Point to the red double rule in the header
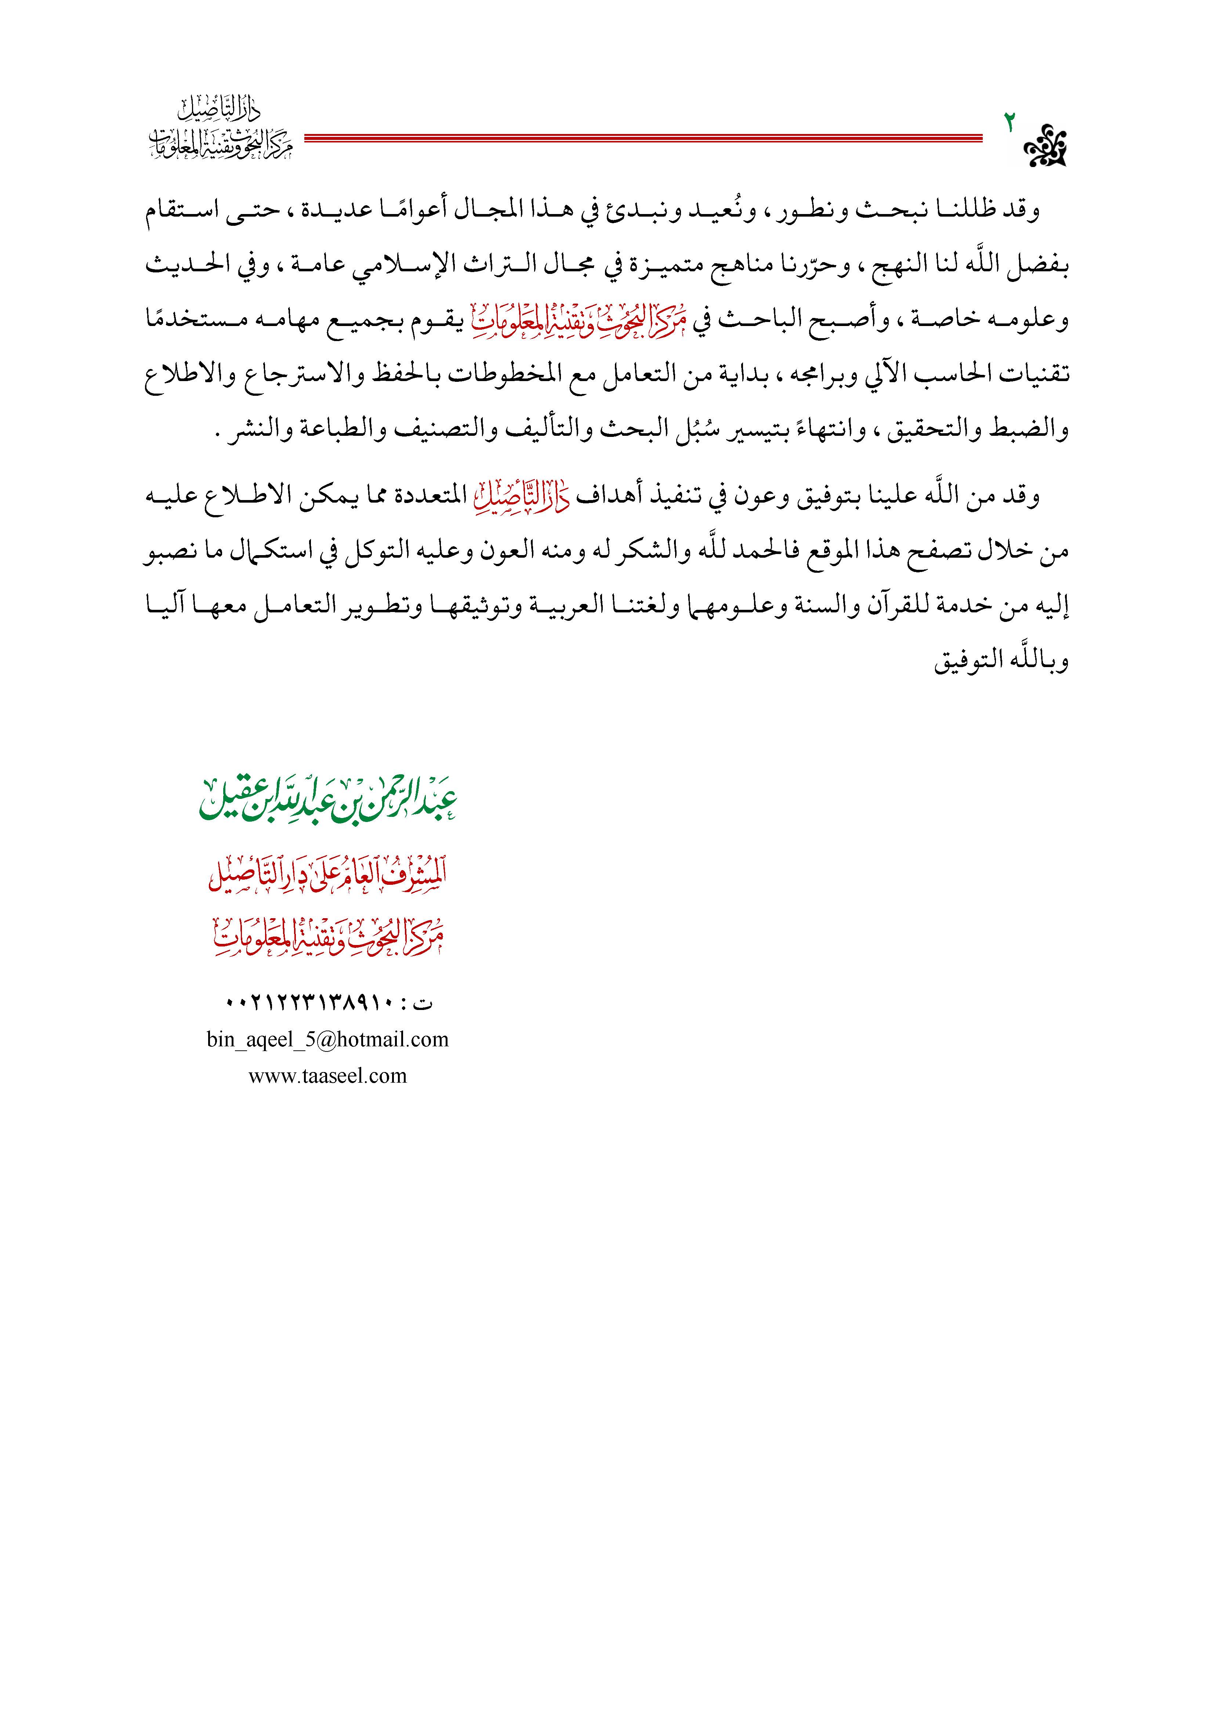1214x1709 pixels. [x=643, y=138]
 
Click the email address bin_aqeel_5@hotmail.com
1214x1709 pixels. [x=327, y=1039]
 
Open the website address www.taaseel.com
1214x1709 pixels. [x=327, y=1076]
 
